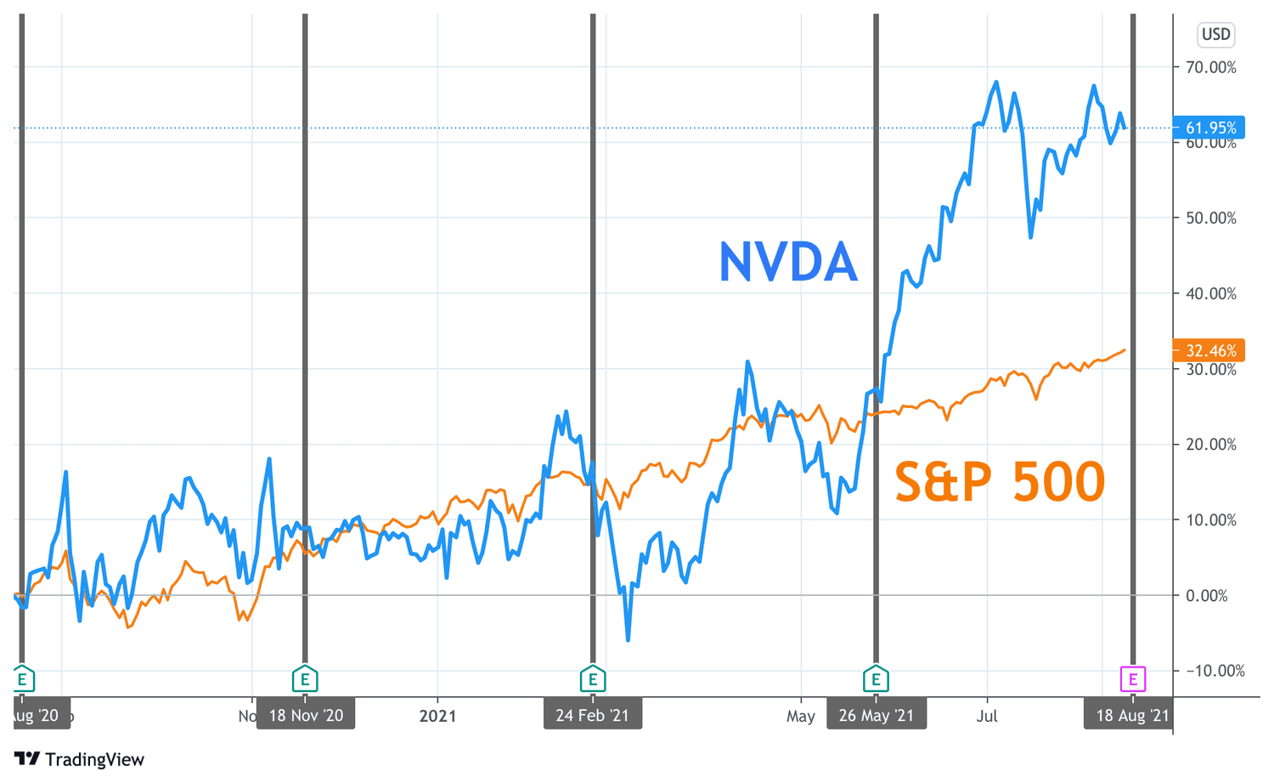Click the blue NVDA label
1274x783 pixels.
[787, 262]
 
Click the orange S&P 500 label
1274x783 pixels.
[1000, 481]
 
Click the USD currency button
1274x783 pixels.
[1215, 34]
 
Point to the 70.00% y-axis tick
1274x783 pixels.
[1210, 67]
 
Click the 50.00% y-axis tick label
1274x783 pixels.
[1210, 218]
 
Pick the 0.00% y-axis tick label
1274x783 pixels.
[1210, 595]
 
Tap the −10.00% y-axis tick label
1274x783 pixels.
[1210, 671]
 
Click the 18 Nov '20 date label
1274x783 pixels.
[306, 715]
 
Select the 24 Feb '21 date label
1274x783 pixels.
[593, 715]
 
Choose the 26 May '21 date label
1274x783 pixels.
[877, 715]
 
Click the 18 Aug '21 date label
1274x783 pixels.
[1132, 715]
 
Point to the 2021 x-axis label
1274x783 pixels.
[437, 716]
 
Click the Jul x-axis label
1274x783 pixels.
[987, 716]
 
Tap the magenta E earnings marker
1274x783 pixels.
[1132, 679]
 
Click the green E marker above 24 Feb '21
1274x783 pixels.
[593, 679]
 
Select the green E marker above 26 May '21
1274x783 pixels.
[877, 679]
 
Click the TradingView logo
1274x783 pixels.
[80, 759]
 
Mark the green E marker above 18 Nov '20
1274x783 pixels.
[305, 679]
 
